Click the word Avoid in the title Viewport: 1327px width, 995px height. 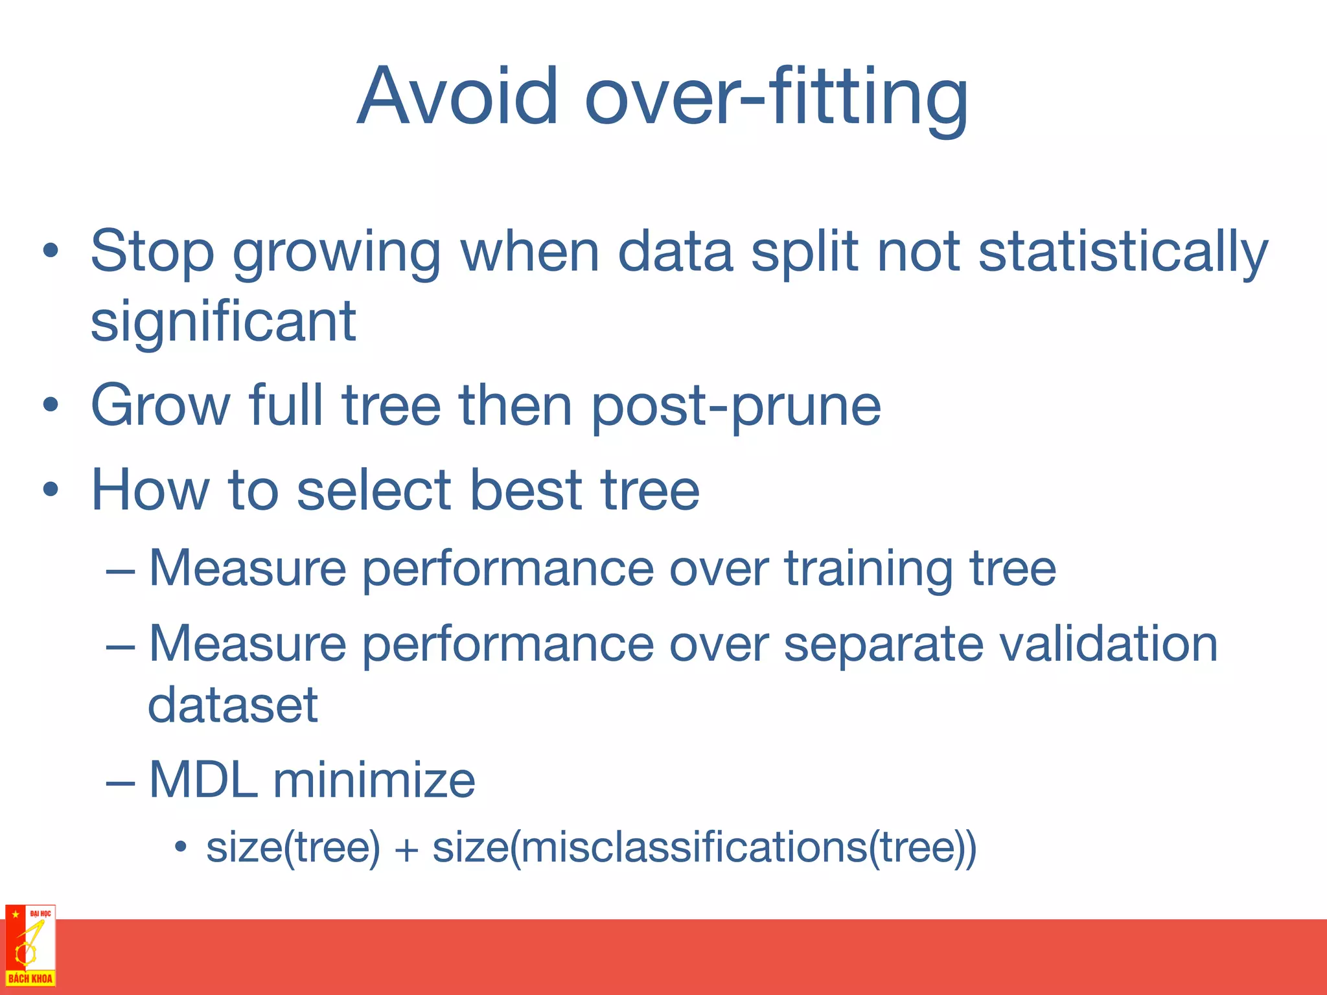tap(457, 97)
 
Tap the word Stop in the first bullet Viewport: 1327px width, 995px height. tap(152, 253)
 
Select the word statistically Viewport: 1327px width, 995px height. tap(1122, 253)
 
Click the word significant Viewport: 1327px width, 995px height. tap(223, 322)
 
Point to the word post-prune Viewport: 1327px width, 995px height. tap(736, 407)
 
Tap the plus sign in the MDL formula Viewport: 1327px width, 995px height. tap(406, 849)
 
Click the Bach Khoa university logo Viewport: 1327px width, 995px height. tap(30, 945)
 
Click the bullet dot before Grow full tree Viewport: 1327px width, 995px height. tap(51, 406)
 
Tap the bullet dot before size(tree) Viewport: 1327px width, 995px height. tap(181, 847)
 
